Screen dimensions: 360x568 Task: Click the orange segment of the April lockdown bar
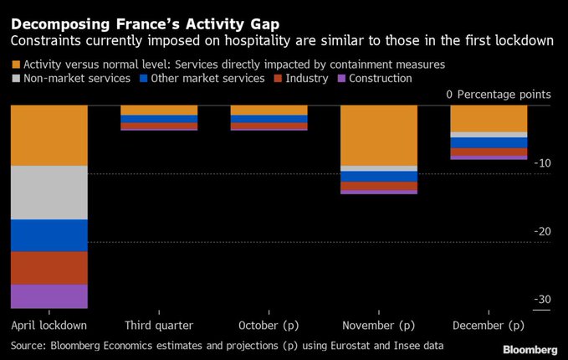(49, 136)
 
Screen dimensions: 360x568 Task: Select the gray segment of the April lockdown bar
(49, 193)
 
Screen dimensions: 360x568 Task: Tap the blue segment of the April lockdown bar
(49, 235)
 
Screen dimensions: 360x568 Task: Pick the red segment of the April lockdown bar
(49, 268)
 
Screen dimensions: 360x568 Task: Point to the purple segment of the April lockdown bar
(49, 296)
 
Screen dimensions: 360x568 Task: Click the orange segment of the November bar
(378, 136)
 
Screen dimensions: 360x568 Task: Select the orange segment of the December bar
(489, 119)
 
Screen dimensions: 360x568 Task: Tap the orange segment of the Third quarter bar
(159, 111)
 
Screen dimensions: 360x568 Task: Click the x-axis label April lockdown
(49, 325)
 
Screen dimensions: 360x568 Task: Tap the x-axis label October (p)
(269, 325)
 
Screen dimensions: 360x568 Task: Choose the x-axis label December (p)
(489, 325)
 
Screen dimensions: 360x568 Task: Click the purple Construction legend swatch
(341, 79)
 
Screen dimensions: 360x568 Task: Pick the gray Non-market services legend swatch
(16, 79)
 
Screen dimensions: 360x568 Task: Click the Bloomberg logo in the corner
(530, 348)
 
